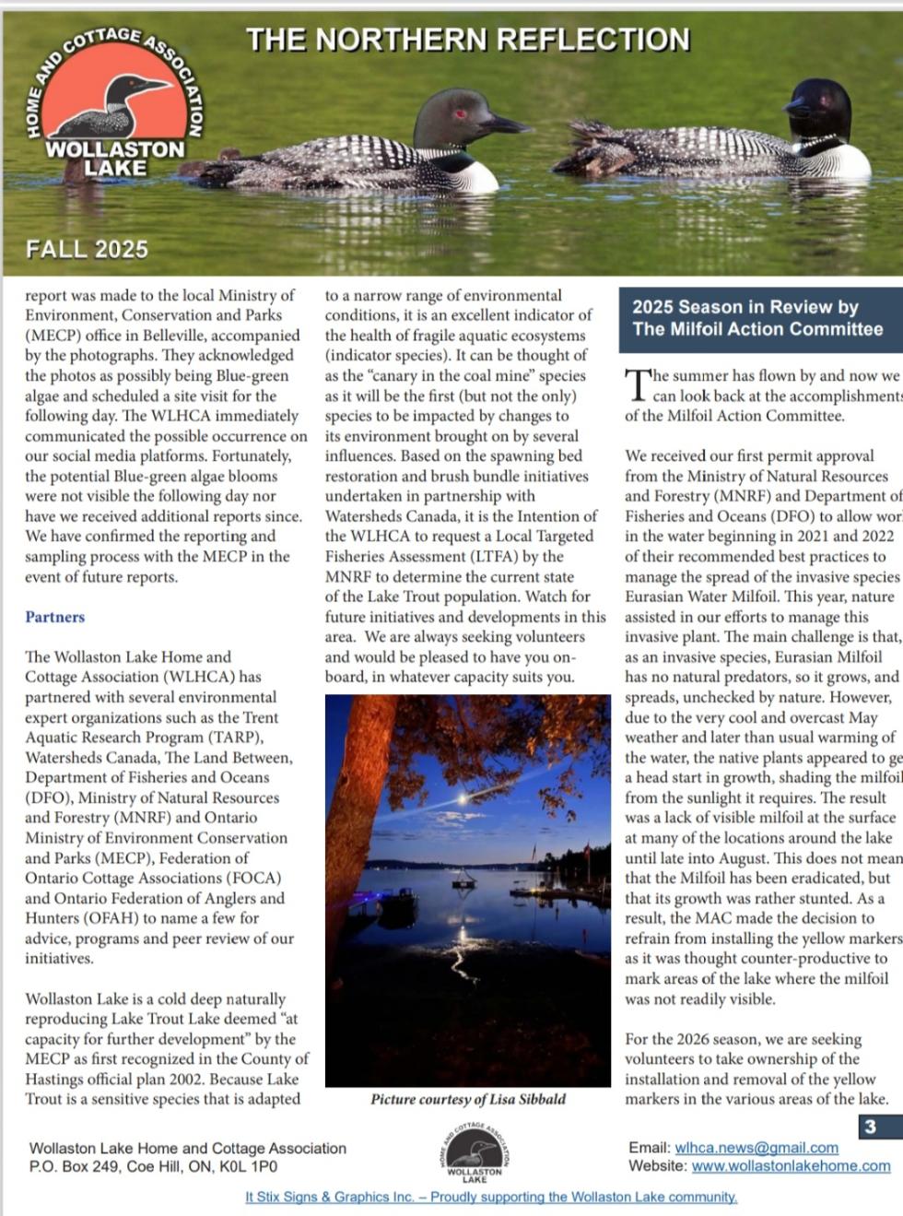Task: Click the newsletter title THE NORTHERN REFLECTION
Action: [467, 40]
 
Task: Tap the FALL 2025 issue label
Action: [87, 249]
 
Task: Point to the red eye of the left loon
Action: [458, 113]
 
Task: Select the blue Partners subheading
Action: [54, 617]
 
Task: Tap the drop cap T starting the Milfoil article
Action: [637, 384]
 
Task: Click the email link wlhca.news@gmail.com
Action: [756, 1148]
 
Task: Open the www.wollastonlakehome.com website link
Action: [791, 1166]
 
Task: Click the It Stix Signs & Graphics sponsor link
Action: [491, 1197]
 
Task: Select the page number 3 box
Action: [870, 1127]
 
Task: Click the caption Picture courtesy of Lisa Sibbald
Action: [468, 1099]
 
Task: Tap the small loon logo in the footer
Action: [475, 1152]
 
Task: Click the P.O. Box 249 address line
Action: [153, 1166]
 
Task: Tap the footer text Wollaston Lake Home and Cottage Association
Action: [188, 1149]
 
